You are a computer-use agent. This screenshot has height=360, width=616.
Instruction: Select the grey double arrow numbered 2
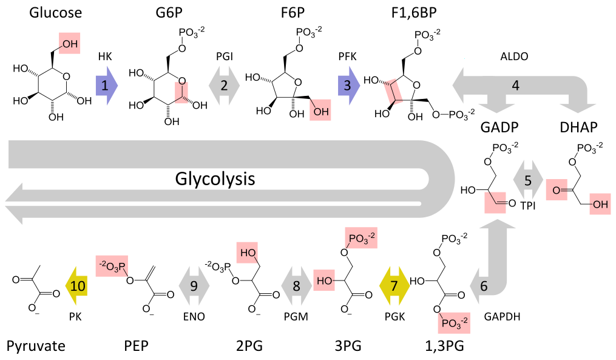(224, 85)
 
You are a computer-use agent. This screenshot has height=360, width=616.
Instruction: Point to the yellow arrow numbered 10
(76, 286)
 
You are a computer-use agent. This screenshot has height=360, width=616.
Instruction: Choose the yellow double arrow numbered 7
(394, 286)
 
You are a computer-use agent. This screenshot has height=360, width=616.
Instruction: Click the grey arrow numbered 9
(194, 286)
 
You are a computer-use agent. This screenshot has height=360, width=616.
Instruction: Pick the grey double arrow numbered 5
(528, 180)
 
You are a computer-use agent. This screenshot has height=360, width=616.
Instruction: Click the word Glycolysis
(215, 179)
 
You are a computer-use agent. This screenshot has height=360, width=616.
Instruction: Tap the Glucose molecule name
(55, 12)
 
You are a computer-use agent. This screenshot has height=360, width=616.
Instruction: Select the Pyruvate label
(36, 346)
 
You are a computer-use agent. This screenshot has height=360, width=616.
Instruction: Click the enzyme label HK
(105, 56)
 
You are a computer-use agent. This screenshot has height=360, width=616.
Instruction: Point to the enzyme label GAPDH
(502, 316)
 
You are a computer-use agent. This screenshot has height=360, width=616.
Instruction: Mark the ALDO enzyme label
(514, 56)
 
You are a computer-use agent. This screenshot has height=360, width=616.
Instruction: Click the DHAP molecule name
(579, 127)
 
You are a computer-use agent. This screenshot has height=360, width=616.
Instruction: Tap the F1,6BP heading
(414, 13)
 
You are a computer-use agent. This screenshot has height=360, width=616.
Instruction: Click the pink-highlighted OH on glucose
(70, 43)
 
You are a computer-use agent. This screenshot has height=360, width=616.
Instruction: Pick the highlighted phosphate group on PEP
(112, 267)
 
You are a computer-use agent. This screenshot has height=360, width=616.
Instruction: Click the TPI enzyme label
(528, 206)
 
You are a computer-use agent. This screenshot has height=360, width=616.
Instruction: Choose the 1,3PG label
(444, 346)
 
